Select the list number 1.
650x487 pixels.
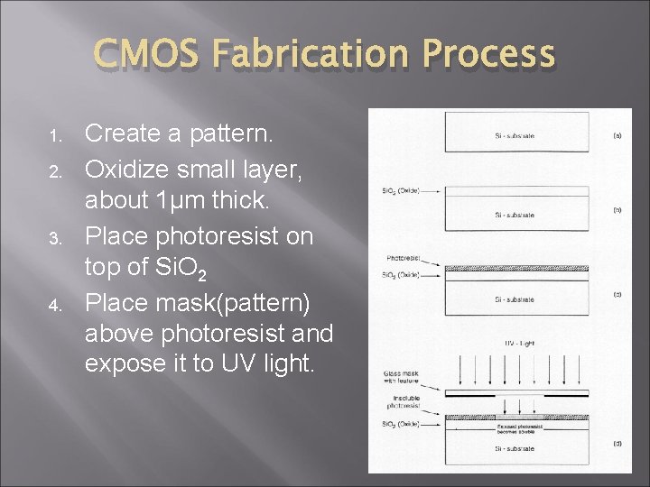tap(55, 137)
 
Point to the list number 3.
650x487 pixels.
tap(55, 239)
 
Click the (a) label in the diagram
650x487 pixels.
tap(617, 136)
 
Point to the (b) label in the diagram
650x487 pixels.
tap(617, 209)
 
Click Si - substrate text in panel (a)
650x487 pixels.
tap(515, 136)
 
